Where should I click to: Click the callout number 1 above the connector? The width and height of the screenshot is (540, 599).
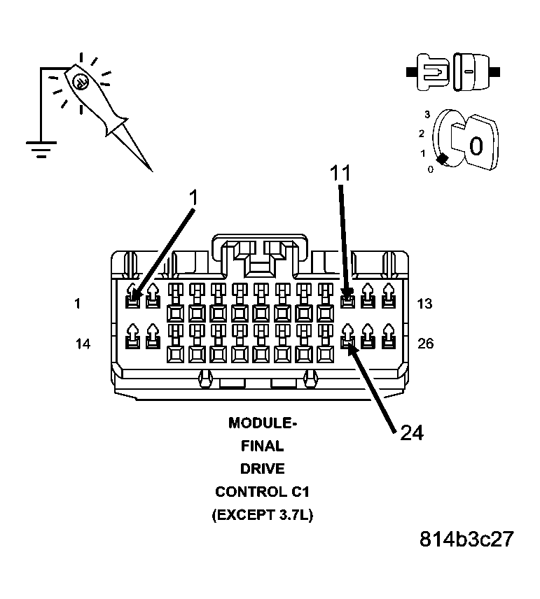194,199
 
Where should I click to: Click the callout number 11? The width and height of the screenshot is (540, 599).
340,173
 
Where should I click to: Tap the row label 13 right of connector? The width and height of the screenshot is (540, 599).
425,304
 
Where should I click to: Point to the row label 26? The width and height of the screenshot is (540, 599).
425,344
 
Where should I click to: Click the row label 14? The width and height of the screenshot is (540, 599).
83,344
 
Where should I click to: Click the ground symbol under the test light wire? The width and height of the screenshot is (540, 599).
41,149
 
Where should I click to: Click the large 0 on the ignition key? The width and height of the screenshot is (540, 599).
476,146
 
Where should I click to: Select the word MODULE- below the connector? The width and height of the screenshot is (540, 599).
262,423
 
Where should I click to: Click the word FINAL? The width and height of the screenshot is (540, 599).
262,446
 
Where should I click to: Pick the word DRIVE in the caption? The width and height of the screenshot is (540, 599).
262,469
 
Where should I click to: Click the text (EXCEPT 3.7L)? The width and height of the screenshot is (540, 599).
262,516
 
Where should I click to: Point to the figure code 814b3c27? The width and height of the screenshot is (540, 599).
466,540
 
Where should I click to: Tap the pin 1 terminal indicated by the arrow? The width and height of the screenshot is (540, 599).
132,302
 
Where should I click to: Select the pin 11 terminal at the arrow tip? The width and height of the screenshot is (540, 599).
347,302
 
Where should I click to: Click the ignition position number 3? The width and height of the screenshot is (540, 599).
427,113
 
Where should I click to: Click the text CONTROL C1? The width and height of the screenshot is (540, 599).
262,492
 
